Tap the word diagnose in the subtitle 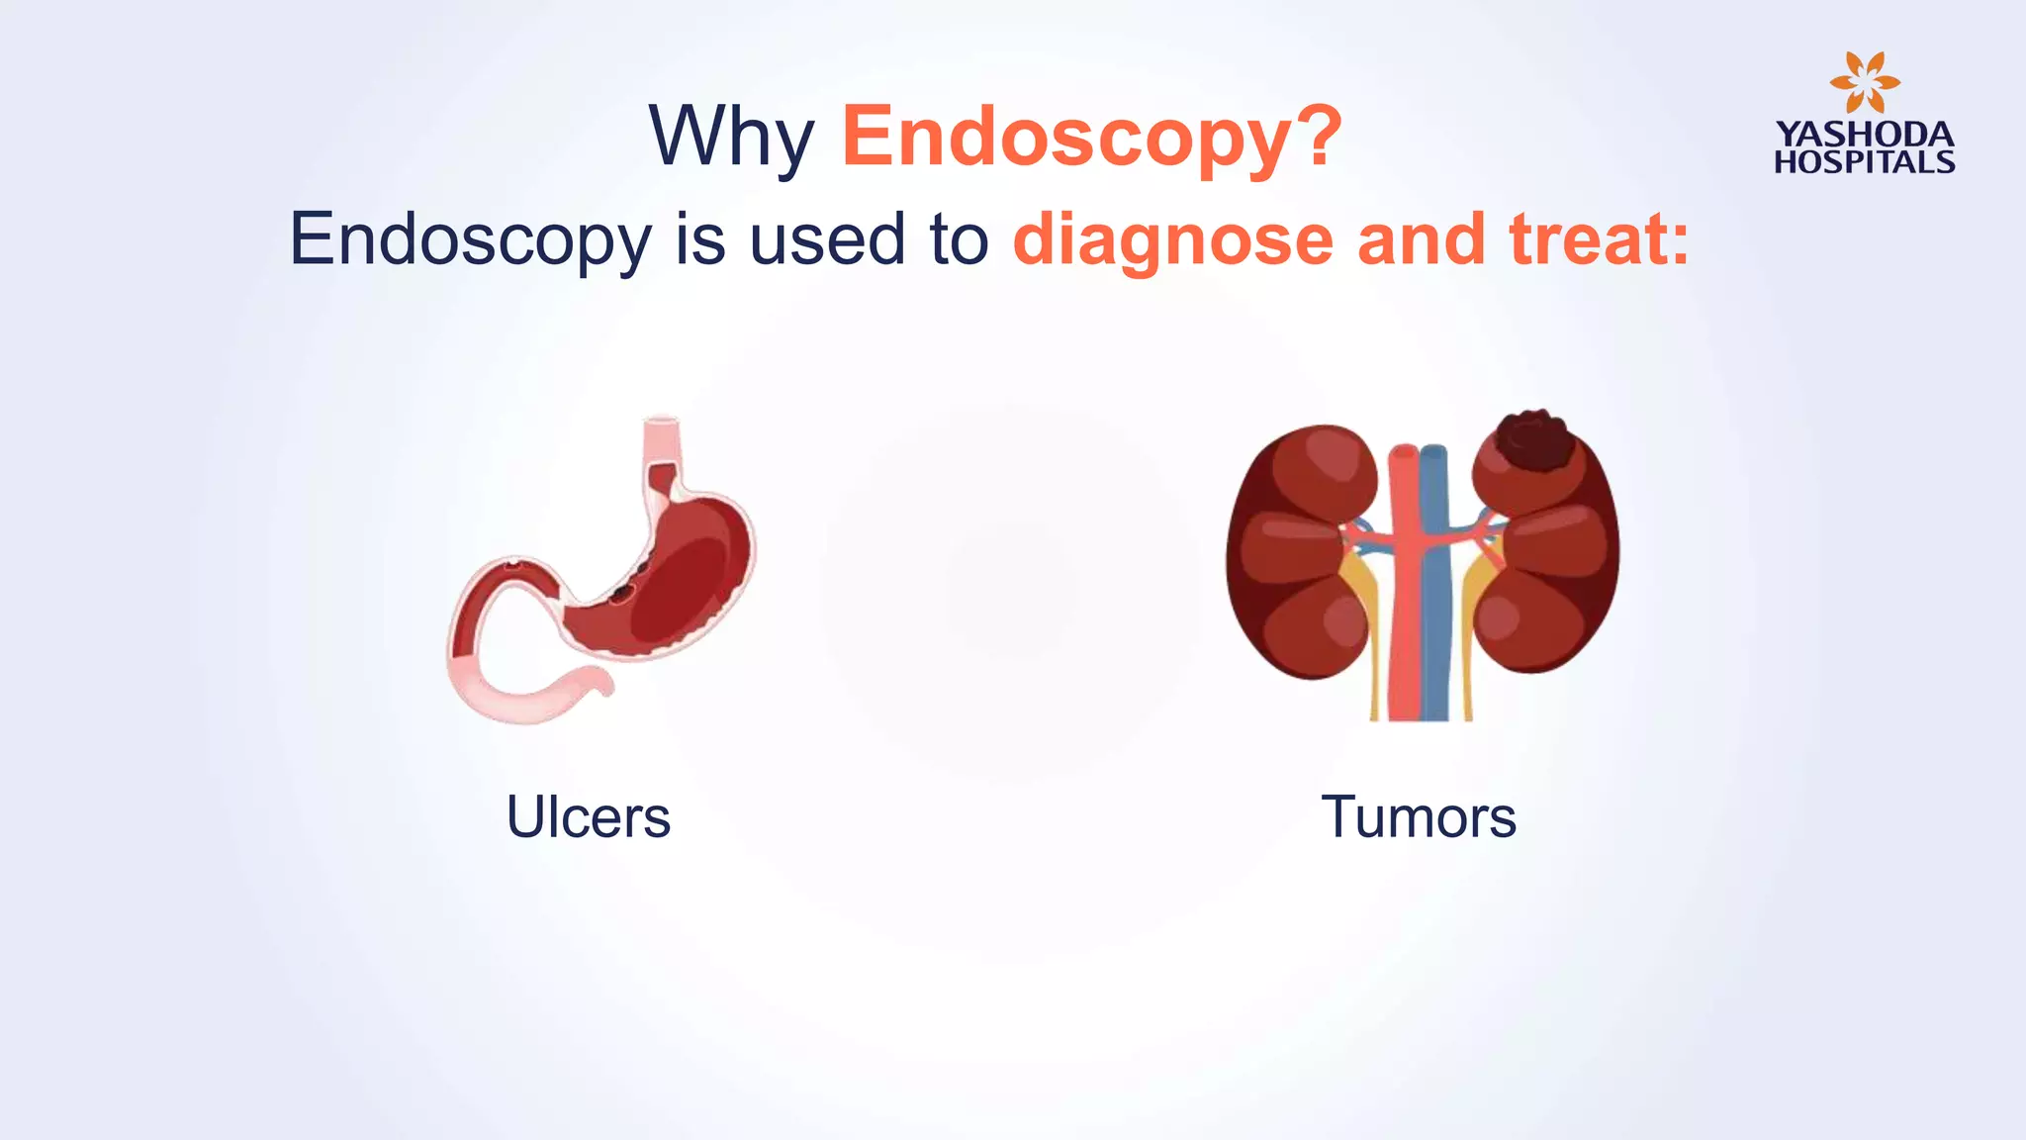pos(1173,239)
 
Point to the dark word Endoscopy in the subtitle pos(470,239)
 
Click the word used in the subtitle pos(827,239)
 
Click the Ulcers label pos(589,817)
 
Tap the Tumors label pos(1419,817)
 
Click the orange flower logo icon pos(1864,83)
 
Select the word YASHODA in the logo pos(1865,135)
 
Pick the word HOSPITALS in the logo pos(1865,162)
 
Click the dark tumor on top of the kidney pos(1534,441)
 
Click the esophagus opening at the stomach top pos(662,425)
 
